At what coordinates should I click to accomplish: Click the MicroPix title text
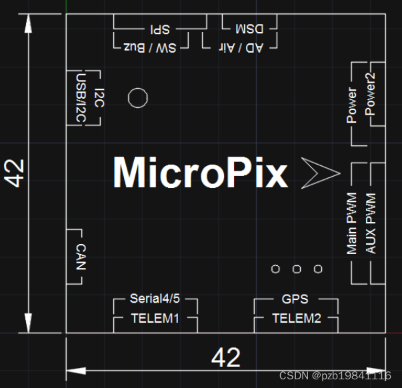pos(200,173)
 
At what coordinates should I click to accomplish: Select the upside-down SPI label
pos(160,29)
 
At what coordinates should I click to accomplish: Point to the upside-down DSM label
pos(249,29)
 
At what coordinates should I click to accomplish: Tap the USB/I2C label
pos(80,98)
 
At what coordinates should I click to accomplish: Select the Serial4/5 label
pos(155,299)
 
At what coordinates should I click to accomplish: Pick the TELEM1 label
pos(155,318)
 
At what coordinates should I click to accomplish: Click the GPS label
pos(295,299)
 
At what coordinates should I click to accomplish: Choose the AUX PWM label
pos(371,224)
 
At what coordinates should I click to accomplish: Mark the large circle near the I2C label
pos(137,98)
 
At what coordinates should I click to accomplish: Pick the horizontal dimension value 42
pos(225,358)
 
